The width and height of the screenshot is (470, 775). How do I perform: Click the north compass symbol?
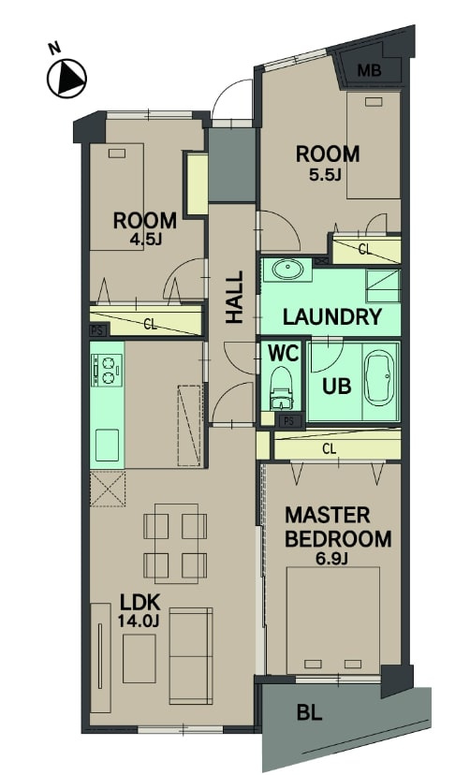66,78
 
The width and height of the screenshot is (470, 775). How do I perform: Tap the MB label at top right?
370,71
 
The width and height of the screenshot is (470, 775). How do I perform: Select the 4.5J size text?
145,241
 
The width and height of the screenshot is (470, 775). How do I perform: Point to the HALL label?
235,297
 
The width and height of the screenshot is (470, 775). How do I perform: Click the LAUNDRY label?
332,316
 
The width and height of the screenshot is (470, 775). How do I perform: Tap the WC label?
284,354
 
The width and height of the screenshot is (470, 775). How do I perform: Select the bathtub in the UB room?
381,381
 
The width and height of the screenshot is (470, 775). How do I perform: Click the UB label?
336,386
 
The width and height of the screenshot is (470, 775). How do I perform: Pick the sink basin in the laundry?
287,270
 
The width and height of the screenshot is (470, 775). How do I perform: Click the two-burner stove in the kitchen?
106,371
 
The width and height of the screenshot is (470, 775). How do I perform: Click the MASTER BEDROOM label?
338,527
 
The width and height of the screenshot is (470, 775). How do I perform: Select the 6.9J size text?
332,559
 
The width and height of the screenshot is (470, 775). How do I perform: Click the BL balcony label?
309,712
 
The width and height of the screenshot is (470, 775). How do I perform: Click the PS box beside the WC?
289,421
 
